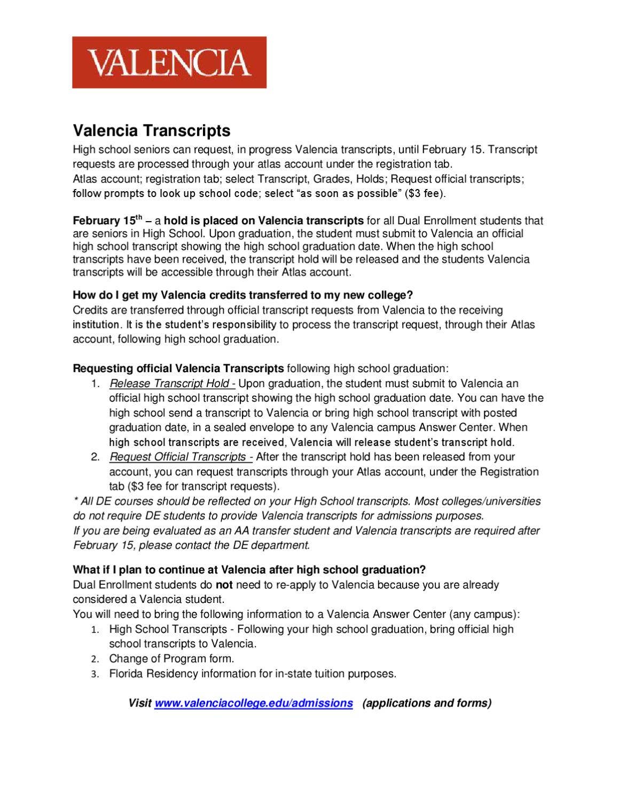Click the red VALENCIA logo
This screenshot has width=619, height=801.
point(169,62)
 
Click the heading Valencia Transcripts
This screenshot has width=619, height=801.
point(152,130)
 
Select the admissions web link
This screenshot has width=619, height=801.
point(254,703)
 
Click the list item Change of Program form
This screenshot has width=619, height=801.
point(171,658)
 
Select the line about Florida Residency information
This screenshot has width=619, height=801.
point(253,673)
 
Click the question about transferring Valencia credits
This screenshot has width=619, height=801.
point(243,295)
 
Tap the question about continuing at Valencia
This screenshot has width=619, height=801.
point(249,569)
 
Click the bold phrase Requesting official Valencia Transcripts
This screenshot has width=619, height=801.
point(178,368)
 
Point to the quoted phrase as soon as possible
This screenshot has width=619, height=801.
point(347,193)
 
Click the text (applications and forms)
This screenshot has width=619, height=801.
point(427,703)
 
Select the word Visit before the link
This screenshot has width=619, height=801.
point(140,703)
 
